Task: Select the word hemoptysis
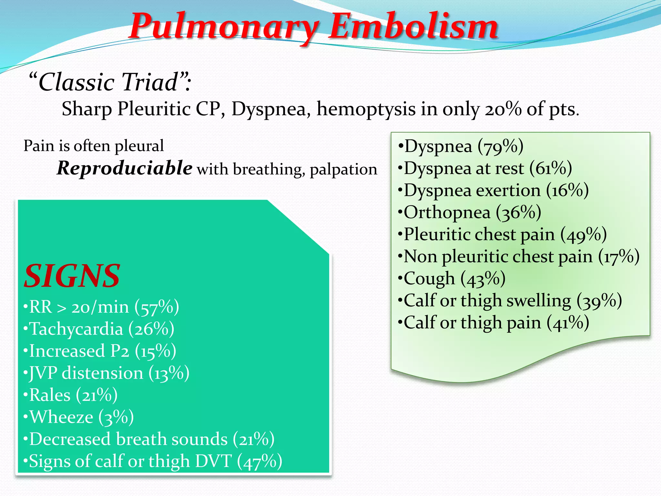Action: pyautogui.click(x=366, y=109)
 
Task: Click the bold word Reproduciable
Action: pyautogui.click(x=125, y=168)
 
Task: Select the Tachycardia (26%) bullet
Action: pyautogui.click(x=99, y=329)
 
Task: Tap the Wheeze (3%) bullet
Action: pyautogui.click(x=78, y=417)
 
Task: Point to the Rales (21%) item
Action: pyautogui.click(x=70, y=395)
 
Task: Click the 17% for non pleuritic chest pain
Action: pyautogui.click(x=619, y=257)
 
